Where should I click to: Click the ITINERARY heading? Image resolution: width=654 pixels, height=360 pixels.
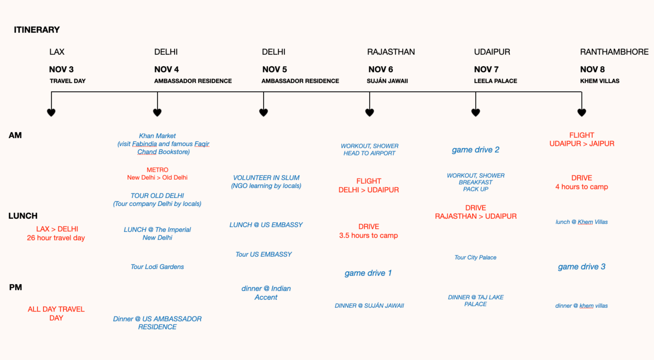point(37,30)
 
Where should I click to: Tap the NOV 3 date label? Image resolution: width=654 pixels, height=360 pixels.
point(61,69)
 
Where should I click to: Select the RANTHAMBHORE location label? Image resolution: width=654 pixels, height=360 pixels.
point(615,52)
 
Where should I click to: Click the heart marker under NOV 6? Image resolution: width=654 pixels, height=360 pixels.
point(370,112)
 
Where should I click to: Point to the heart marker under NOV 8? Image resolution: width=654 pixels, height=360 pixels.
point(582,112)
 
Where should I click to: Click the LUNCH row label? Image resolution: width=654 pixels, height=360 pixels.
point(23,216)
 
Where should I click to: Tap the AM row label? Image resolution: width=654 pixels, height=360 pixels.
point(15,136)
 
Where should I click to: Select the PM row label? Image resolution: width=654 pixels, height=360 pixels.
point(16,287)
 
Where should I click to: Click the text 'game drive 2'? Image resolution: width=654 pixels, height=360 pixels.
point(476,150)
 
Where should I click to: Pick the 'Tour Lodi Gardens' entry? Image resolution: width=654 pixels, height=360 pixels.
point(157,266)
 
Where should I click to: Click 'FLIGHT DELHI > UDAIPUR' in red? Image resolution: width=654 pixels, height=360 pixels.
point(369,185)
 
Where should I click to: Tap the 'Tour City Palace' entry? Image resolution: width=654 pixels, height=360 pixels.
point(475,257)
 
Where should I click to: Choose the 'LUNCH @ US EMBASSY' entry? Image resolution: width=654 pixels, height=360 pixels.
point(266,225)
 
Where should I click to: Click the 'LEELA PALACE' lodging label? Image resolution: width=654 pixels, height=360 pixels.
point(496,81)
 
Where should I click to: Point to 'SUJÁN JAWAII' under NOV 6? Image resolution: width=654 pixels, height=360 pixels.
point(387,81)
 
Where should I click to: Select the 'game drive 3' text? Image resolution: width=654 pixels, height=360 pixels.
point(582,266)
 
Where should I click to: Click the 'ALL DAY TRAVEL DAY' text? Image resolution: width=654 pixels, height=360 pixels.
point(56,313)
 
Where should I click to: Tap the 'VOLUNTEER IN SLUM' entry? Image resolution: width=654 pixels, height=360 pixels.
point(266,178)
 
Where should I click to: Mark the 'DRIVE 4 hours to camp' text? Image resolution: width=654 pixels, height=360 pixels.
point(582,182)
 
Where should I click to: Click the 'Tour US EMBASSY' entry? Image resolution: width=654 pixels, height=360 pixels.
point(263,254)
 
